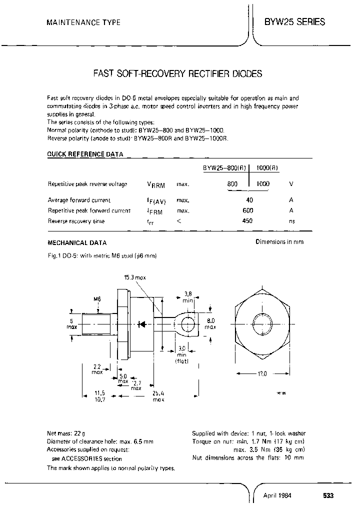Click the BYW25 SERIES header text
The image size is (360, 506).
click(294, 22)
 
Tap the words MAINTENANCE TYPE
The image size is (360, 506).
click(83, 23)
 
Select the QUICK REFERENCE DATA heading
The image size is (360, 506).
click(85, 155)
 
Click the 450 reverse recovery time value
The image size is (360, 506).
click(247, 221)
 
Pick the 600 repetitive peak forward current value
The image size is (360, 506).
click(247, 210)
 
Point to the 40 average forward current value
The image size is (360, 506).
click(250, 200)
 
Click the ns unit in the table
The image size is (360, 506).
click(292, 221)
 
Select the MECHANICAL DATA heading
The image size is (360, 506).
click(76, 243)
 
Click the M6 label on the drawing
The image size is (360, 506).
click(97, 299)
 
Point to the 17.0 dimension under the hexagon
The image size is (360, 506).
click(261, 373)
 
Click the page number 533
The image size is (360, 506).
click(327, 495)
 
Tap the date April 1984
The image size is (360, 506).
click(277, 495)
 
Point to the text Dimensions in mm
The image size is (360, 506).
click(279, 242)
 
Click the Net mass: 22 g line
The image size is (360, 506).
click(66, 433)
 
